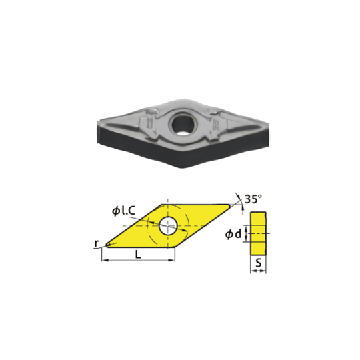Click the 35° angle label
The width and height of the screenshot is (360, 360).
click(253, 199)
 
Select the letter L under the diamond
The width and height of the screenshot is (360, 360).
click(138, 255)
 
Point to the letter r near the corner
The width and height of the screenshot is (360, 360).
click(97, 243)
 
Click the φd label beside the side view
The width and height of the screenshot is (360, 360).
click(233, 234)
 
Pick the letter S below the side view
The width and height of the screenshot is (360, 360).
click(259, 263)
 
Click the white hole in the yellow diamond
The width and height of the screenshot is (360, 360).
click(168, 226)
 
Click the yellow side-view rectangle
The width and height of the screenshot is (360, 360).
click(258, 233)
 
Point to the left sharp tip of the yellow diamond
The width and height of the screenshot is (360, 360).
click(106, 245)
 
